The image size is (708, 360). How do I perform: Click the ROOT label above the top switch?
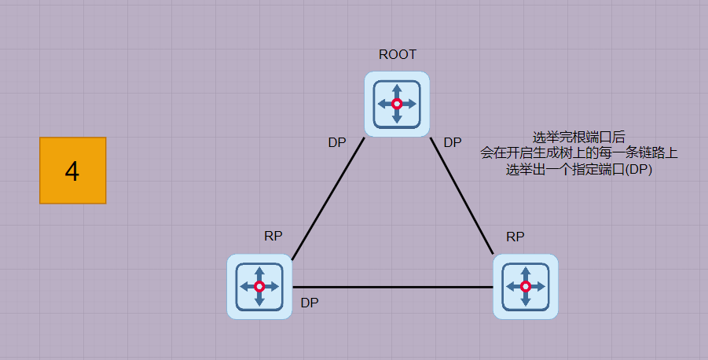tap(397, 54)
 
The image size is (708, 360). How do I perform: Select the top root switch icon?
tap(397, 104)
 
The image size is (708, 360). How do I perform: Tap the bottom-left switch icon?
tap(259, 286)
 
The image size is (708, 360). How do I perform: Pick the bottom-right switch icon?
tap(526, 286)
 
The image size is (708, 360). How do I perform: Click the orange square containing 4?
tap(72, 171)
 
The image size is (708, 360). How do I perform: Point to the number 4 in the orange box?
tap(72, 171)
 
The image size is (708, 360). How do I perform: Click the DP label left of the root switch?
tap(337, 142)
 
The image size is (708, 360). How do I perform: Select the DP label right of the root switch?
tap(453, 142)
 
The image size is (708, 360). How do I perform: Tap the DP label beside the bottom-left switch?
tap(310, 303)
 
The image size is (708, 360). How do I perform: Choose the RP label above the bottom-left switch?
tap(273, 236)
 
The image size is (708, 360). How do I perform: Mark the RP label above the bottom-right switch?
tap(515, 236)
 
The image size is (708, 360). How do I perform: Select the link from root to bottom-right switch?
tap(462, 197)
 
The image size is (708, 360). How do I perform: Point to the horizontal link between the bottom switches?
tap(393, 287)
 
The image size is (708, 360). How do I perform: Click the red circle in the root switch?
tap(397, 104)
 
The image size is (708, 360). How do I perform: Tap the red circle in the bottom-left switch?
tap(259, 286)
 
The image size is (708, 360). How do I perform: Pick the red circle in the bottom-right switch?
tap(526, 286)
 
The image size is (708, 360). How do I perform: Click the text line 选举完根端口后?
tap(578, 137)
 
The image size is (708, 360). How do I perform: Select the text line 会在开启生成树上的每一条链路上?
tap(578, 153)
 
